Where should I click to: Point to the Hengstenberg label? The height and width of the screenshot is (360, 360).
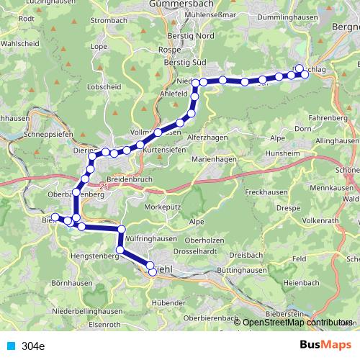[94, 256]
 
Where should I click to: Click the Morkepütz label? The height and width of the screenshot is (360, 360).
[168, 207]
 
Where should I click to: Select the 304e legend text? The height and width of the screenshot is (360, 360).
[33, 346]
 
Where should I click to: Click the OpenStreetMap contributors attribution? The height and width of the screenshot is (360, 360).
[296, 323]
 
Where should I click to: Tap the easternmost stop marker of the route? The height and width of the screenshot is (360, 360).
[300, 68]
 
